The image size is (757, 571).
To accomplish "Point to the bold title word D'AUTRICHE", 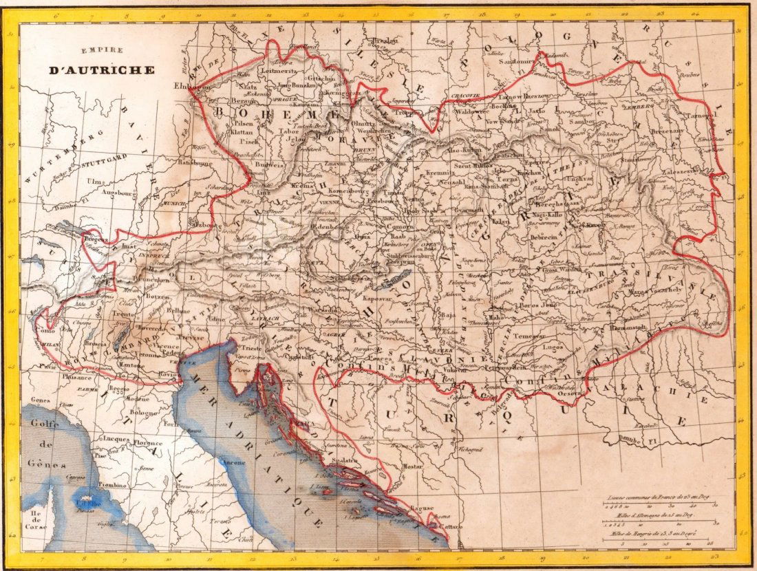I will tap(101, 69).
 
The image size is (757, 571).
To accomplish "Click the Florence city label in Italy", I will tap(149, 443).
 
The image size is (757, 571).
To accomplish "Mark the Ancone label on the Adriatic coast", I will tap(233, 462).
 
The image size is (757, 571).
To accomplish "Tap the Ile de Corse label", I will tap(36, 520).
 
